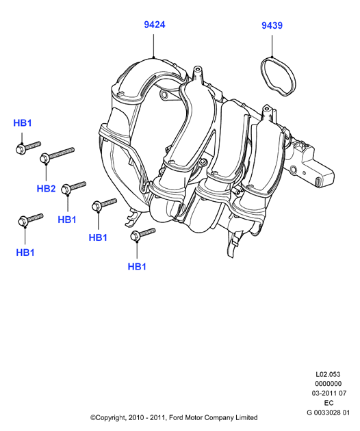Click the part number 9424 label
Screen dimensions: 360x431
(x=155, y=25)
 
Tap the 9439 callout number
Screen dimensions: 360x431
(x=272, y=25)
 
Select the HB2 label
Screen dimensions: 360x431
(x=47, y=189)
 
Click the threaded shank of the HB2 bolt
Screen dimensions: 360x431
(x=62, y=153)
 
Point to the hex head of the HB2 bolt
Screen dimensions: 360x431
(x=44, y=159)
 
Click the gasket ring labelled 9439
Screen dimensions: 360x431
(x=279, y=76)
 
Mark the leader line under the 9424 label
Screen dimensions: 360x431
(x=154, y=46)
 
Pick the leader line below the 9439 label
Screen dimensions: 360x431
(x=272, y=46)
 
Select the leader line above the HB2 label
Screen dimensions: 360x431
(x=47, y=172)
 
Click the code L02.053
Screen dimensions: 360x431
(x=328, y=374)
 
